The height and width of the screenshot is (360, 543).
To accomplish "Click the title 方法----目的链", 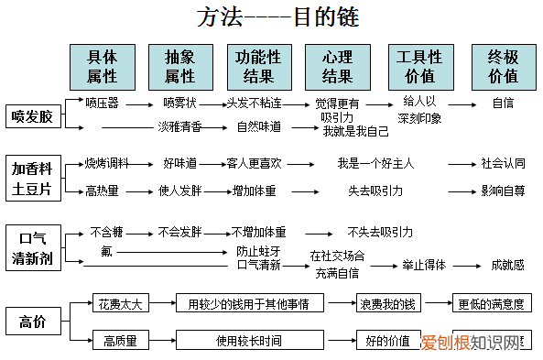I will click(x=271, y=18).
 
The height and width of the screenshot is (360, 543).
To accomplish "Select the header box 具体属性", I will click(x=102, y=65).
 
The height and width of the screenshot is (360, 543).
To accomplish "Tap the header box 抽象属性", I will click(x=180, y=65).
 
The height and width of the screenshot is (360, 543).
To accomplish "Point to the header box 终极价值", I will click(x=503, y=65).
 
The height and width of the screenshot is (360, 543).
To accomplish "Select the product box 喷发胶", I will click(x=32, y=116).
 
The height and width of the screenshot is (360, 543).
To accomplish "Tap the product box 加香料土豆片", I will click(x=32, y=179).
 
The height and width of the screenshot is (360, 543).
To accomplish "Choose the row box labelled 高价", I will click(x=32, y=321).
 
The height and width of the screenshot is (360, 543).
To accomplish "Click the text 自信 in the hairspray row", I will click(x=503, y=103).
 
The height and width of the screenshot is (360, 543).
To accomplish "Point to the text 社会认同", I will click(x=503, y=164).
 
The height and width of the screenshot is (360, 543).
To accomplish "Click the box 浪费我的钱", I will click(x=386, y=302).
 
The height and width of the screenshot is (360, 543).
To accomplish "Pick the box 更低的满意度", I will click(x=492, y=302).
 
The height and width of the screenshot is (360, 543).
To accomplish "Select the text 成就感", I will click(x=506, y=265).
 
